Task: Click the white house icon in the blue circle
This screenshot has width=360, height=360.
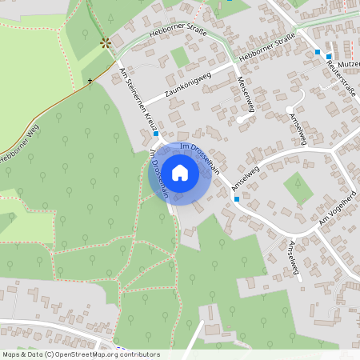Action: point(180,173)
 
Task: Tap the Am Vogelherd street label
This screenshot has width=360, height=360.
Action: point(336,209)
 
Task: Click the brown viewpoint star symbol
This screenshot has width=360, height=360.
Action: point(104,42)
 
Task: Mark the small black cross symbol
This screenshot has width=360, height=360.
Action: point(90,81)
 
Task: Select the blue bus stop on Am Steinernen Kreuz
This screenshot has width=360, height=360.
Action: point(156,134)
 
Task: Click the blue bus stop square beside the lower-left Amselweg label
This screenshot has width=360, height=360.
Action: point(236,198)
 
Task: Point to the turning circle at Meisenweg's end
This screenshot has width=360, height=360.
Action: point(240,120)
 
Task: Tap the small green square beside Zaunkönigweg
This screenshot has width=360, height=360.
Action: point(180,57)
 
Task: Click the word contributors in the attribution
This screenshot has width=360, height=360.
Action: point(136,354)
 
